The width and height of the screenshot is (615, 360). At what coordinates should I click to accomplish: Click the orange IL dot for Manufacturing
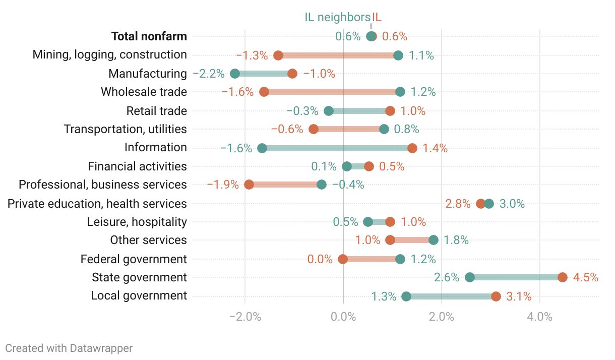tap(292, 74)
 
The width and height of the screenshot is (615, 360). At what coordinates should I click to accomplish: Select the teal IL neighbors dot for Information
tap(262, 148)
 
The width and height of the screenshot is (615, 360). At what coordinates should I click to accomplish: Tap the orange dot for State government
tap(563, 277)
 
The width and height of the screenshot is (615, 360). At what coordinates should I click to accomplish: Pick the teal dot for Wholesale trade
tap(400, 92)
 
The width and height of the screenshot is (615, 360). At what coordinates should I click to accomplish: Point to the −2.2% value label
tap(209, 74)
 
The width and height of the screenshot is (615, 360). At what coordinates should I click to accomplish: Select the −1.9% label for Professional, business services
tap(223, 185)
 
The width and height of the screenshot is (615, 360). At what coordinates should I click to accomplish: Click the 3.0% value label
tap(512, 204)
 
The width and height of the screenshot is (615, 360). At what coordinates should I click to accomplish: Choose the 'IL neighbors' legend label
tap(337, 17)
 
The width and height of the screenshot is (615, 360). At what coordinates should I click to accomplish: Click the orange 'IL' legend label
tap(377, 17)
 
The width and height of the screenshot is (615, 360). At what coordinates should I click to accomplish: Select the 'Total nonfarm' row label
tap(149, 36)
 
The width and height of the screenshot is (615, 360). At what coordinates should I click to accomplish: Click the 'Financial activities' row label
tap(137, 166)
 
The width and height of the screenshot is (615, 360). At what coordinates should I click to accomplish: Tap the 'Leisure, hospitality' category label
tap(137, 222)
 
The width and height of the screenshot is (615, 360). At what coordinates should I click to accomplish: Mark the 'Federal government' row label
tap(134, 259)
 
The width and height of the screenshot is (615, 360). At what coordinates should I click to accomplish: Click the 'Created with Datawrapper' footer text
tap(69, 348)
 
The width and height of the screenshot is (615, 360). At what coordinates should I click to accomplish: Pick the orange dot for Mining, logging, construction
tap(278, 55)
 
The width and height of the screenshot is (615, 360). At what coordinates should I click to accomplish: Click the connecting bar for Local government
tap(451, 296)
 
